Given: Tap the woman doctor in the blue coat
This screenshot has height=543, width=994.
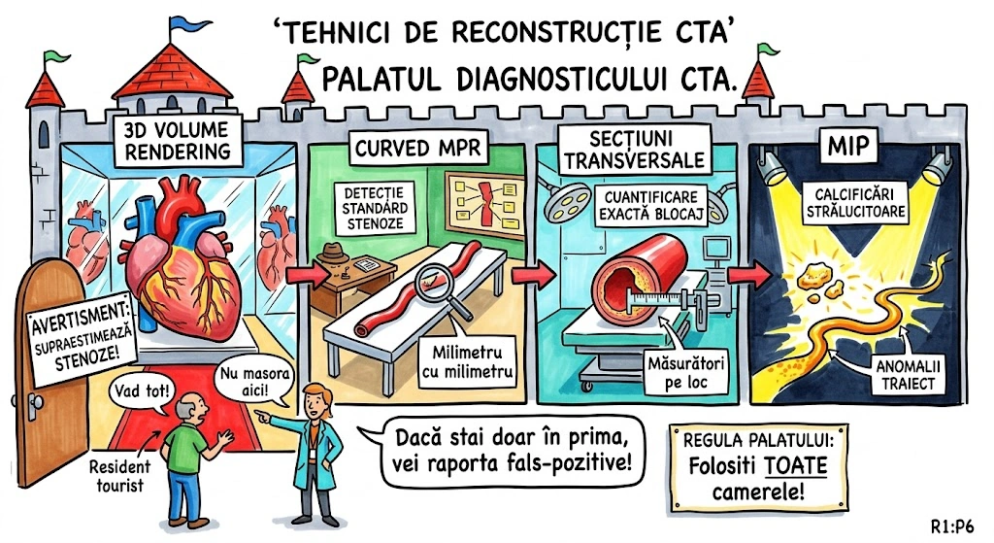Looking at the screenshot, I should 318,447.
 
